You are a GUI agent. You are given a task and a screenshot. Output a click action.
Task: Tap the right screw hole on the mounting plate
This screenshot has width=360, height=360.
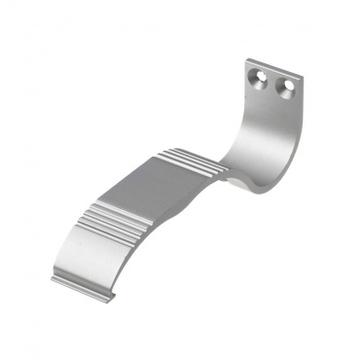[286, 90]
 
